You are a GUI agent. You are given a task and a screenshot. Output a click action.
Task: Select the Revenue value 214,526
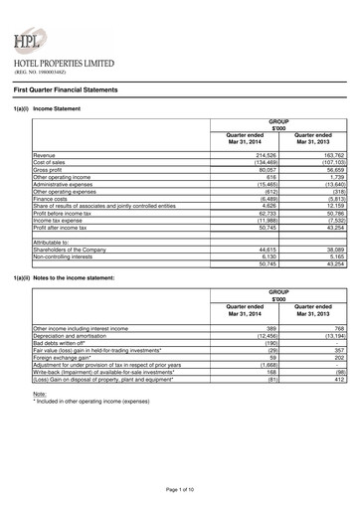[x=263, y=156]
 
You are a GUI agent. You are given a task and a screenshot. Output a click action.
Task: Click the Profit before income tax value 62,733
[x=264, y=212]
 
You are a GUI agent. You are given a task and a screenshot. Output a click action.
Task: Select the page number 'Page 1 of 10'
[x=180, y=490]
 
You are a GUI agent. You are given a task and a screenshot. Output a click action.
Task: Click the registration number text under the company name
[x=41, y=73]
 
